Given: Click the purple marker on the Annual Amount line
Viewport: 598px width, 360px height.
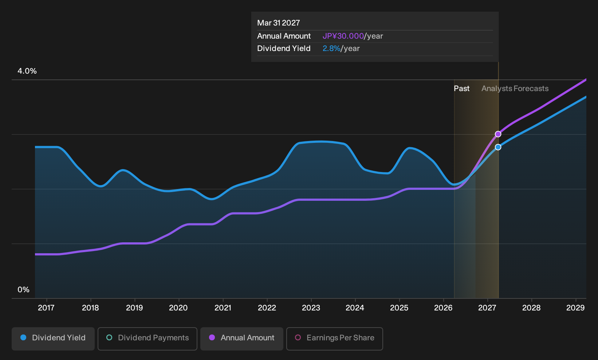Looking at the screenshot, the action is pos(498,134).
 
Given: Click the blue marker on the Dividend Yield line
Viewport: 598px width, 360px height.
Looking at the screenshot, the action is pos(498,147).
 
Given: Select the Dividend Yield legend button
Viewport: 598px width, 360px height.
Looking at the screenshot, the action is pos(53,339).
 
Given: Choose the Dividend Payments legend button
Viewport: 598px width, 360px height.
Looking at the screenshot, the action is pos(147,339).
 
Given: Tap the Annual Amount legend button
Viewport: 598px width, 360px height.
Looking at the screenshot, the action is pos(241,339).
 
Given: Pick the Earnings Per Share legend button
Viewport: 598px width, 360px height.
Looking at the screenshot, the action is pos(334,339).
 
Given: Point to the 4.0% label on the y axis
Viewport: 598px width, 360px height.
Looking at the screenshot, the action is pos(27,71).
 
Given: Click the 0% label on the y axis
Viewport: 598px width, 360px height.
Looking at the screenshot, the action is pos(24,290).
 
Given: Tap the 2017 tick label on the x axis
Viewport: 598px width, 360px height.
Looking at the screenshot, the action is pos(46,308).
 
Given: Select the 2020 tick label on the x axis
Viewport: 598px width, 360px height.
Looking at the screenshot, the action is pos(178,308).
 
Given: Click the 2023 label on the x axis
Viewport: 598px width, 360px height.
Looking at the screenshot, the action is pos(311,308).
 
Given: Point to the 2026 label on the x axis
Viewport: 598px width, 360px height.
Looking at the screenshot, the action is pos(443,308).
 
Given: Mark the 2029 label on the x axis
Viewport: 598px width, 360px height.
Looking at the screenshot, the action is pos(575,308).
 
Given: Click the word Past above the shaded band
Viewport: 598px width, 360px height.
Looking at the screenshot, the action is pos(461,89).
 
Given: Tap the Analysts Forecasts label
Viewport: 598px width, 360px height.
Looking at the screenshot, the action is pos(515,89).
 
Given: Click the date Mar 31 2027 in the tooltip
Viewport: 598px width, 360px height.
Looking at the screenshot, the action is pos(279,23).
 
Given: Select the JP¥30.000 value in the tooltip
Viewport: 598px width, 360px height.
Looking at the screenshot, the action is pos(343,36).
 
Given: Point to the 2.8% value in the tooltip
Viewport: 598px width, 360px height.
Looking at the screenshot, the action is pos(331,48).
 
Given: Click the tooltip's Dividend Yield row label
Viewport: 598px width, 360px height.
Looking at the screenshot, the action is pos(284,48).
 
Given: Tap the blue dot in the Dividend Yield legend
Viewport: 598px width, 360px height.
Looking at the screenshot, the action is pos(24,337).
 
